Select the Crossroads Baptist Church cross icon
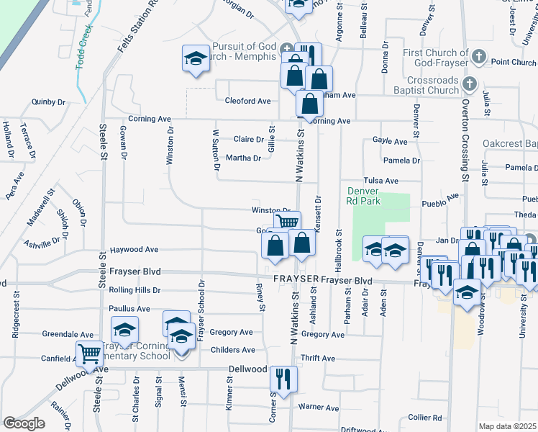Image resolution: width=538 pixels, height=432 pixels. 469,85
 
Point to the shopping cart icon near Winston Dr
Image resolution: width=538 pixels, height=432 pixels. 287,222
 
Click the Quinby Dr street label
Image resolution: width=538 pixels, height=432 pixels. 48,102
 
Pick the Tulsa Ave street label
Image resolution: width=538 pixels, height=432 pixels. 381,181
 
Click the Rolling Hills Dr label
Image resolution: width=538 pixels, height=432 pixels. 134,290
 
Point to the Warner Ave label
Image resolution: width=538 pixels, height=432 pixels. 319,408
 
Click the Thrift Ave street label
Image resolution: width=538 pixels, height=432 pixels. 319,358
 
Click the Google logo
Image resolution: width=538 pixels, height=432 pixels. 24,423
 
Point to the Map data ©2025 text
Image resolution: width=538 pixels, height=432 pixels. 506,426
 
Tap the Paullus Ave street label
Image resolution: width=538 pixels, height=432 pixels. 129,309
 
